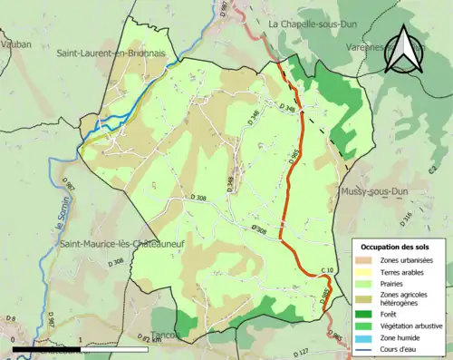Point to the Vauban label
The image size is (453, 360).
pos(16,43)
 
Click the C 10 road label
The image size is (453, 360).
pos(328,270)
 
